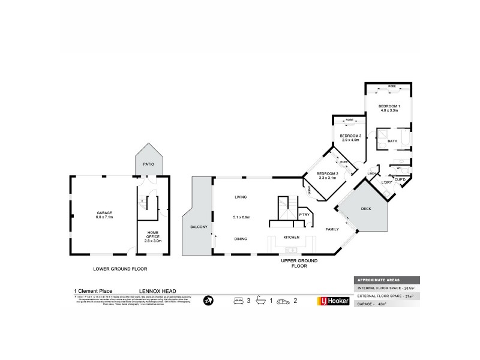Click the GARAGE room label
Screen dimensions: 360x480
pos(104,213)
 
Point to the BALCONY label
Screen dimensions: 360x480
pos(199,226)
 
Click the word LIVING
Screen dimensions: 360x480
pos(241,197)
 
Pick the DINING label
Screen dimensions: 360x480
pos(241,239)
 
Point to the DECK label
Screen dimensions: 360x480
pos(365,209)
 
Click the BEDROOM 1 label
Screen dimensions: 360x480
pos(389,106)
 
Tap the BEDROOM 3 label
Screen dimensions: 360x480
pos(350,136)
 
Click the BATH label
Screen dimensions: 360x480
pos(392,141)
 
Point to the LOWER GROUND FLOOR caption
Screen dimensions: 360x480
pos(120,269)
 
